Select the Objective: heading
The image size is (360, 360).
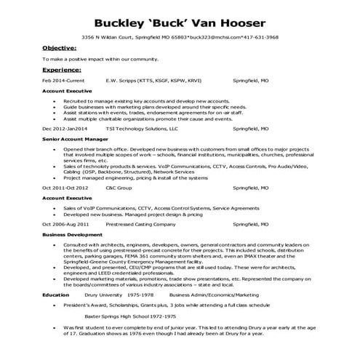(x=59, y=47)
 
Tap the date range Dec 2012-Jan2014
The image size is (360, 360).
(x=66, y=129)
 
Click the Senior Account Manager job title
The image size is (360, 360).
(x=70, y=139)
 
